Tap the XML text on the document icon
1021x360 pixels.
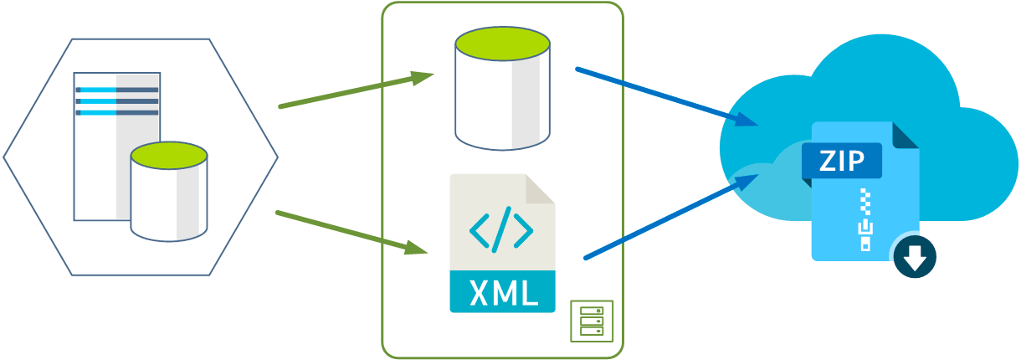[502, 292]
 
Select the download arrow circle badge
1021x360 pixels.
[915, 257]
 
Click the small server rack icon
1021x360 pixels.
[592, 321]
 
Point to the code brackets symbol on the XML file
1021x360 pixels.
[501, 229]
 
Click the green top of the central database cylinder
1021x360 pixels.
[502, 44]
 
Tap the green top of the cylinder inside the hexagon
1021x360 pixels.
[169, 155]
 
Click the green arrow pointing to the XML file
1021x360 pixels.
[351, 232]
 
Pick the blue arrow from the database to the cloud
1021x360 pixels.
[665, 96]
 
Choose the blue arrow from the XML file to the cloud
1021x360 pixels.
[670, 216]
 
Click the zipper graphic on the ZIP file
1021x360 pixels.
[865, 220]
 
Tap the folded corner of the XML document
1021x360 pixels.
[541, 188]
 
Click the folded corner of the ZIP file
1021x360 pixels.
[906, 136]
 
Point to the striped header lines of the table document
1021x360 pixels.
[117, 100]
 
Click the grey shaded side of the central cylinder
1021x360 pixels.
[530, 105]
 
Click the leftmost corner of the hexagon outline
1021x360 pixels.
[5, 157]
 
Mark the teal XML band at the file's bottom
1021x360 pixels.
[502, 292]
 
